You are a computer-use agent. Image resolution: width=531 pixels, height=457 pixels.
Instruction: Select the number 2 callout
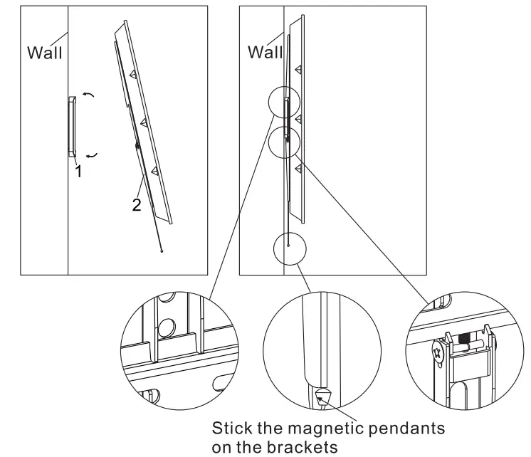135,205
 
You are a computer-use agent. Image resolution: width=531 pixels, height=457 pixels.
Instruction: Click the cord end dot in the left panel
162,251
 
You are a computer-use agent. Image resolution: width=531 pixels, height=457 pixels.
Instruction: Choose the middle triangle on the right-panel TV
298,117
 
